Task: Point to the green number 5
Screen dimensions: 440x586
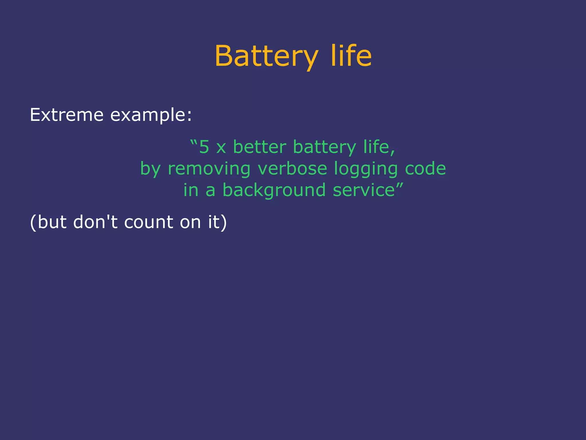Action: (x=204, y=147)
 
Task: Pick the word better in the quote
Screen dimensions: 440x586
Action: (x=260, y=147)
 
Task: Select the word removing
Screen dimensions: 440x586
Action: (x=209, y=169)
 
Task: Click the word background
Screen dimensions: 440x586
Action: (x=274, y=191)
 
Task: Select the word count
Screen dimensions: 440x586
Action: (x=149, y=222)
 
